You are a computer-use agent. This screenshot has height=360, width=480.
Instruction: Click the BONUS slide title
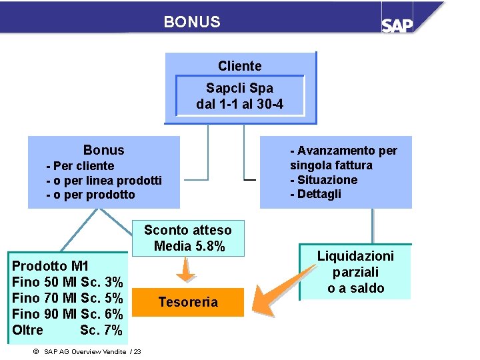click(x=192, y=22)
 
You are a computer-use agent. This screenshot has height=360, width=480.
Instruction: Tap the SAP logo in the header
click(x=397, y=24)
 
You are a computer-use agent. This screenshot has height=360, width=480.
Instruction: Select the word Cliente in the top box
click(x=239, y=66)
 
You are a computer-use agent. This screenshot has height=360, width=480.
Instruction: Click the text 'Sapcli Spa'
click(x=239, y=88)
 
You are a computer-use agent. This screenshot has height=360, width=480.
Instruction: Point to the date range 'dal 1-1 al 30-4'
click(x=239, y=104)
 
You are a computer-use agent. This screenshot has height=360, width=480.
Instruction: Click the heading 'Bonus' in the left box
click(x=103, y=150)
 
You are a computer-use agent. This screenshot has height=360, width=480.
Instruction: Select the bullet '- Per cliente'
click(x=80, y=166)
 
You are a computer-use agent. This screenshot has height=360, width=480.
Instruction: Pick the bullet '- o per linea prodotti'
click(x=104, y=181)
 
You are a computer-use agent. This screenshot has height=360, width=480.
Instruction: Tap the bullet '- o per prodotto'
click(x=91, y=195)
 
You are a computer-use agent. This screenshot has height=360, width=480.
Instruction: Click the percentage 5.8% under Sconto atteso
click(x=209, y=246)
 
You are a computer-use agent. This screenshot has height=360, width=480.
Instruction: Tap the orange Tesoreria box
click(x=188, y=302)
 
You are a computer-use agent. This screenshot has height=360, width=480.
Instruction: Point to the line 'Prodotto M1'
click(x=51, y=266)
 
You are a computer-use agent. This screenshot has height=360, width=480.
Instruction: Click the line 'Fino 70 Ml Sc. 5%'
click(x=67, y=298)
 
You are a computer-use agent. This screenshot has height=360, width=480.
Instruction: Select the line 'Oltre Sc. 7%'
click(x=67, y=330)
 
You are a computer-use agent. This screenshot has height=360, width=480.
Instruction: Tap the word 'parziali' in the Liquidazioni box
click(x=355, y=272)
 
